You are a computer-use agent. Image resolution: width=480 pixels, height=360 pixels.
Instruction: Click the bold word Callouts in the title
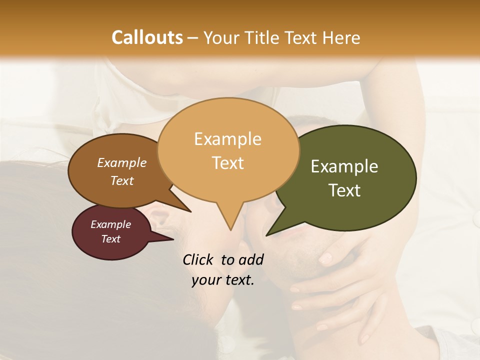pos(147,37)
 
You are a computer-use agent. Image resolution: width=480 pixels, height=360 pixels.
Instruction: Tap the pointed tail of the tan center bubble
pos(230,222)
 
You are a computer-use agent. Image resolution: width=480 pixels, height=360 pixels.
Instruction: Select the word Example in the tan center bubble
pos(227,139)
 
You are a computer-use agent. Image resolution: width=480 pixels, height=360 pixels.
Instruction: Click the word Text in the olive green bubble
pos(345,190)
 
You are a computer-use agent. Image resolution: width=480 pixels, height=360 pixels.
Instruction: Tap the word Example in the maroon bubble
pos(111,224)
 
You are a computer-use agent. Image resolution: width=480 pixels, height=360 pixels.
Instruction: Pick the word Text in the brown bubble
pos(122,181)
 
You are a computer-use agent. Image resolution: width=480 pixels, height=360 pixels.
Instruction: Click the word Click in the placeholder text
pos(198,259)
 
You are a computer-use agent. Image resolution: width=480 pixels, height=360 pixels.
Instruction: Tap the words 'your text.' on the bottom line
pos(223,280)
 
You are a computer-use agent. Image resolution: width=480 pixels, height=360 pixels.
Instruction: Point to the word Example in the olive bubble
pos(344,166)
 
